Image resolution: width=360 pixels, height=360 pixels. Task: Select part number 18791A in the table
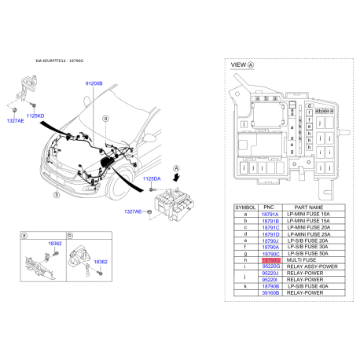tap(270, 214)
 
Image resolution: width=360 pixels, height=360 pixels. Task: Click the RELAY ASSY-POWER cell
tap(312, 266)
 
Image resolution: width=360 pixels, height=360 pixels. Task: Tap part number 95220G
tap(270, 266)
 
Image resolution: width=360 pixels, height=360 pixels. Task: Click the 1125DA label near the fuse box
tap(153, 180)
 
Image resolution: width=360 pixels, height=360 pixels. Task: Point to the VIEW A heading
tap(241, 66)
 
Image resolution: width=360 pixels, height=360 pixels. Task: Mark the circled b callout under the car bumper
tap(56, 193)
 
